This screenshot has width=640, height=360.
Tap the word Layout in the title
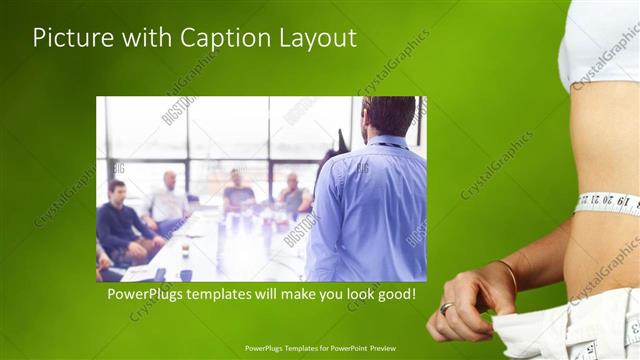click(319, 38)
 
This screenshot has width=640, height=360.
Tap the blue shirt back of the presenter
click(370, 210)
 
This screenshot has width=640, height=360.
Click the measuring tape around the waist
click(609, 204)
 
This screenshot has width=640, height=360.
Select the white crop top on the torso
click(598, 40)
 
